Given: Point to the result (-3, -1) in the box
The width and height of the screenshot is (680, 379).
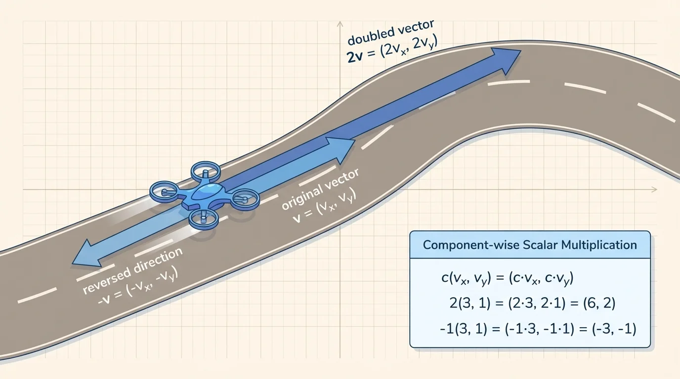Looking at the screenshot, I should click(614, 328).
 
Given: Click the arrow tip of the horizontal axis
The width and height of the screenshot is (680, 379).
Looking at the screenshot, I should click(656, 189).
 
